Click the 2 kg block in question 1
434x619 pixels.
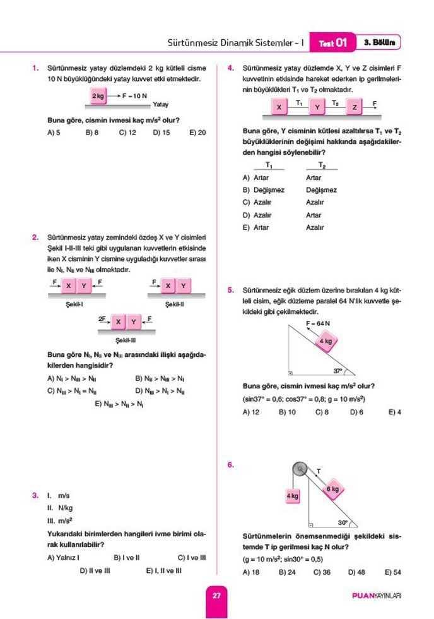tap(98, 96)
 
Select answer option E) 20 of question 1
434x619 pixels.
tap(197, 133)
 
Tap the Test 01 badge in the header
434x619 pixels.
tap(332, 43)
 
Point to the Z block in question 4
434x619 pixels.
tap(355, 107)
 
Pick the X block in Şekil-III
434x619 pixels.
tap(118, 322)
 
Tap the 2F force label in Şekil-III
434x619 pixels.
tap(102, 319)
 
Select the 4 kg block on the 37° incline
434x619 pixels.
tap(326, 342)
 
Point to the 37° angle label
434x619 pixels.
tap(338, 371)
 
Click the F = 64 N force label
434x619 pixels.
tap(319, 323)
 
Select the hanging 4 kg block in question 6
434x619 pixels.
tap(292, 496)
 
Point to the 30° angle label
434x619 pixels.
tap(342, 523)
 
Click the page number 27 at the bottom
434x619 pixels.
tap(216, 596)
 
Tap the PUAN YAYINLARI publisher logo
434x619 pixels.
tap(377, 596)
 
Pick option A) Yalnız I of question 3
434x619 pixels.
tap(63, 558)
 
